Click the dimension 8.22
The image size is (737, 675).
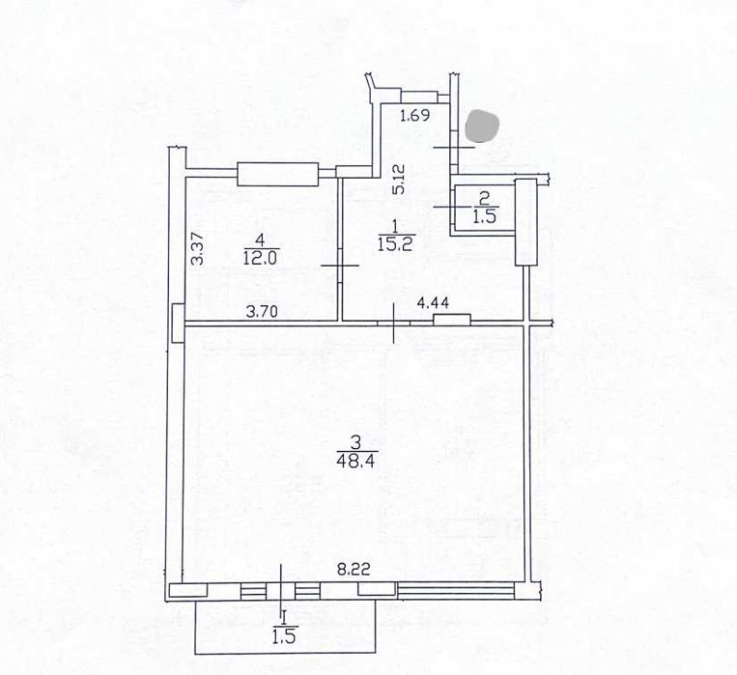click(354, 570)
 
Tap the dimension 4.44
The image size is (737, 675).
click(433, 303)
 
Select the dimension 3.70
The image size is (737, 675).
click(263, 312)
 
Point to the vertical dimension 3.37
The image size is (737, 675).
click(199, 249)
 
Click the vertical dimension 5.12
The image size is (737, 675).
click(399, 179)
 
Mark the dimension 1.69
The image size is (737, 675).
click(414, 115)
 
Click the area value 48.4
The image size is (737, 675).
click(355, 461)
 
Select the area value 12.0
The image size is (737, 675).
click(261, 258)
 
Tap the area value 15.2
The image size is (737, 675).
click(395, 244)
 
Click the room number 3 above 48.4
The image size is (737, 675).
click(355, 443)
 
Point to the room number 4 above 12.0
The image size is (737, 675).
click(261, 240)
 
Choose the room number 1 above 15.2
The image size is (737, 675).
click(395, 227)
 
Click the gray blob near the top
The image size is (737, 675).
click(483, 126)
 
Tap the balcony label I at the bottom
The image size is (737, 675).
click(284, 616)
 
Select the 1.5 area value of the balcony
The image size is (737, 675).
click(283, 637)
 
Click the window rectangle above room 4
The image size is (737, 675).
click(278, 174)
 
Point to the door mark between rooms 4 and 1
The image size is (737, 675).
click(340, 266)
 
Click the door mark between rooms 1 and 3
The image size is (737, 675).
click(394, 323)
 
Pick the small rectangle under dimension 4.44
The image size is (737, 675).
click(452, 320)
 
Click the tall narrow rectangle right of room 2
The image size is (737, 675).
click(526, 222)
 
